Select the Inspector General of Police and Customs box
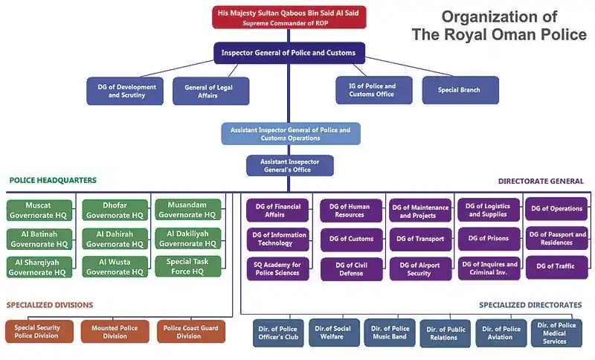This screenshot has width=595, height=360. click(x=289, y=54)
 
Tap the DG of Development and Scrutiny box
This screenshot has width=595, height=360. click(x=126, y=91)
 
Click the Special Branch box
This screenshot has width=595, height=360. click(x=460, y=90)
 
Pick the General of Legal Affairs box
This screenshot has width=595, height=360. click(x=210, y=91)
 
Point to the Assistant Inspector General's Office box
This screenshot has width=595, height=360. click(x=290, y=165)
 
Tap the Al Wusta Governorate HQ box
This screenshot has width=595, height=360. click(x=114, y=267)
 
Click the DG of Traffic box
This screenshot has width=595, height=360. click(x=556, y=266)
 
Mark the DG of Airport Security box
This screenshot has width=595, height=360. click(x=419, y=269)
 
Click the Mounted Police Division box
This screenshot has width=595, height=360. click(x=115, y=332)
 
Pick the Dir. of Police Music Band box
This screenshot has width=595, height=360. click(x=390, y=332)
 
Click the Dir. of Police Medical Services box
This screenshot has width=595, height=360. click(x=556, y=332)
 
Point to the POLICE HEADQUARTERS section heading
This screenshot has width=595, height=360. click(x=53, y=181)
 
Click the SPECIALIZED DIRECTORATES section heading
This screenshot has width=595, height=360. click(x=530, y=305)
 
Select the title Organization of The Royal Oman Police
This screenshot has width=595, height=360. click(x=499, y=25)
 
